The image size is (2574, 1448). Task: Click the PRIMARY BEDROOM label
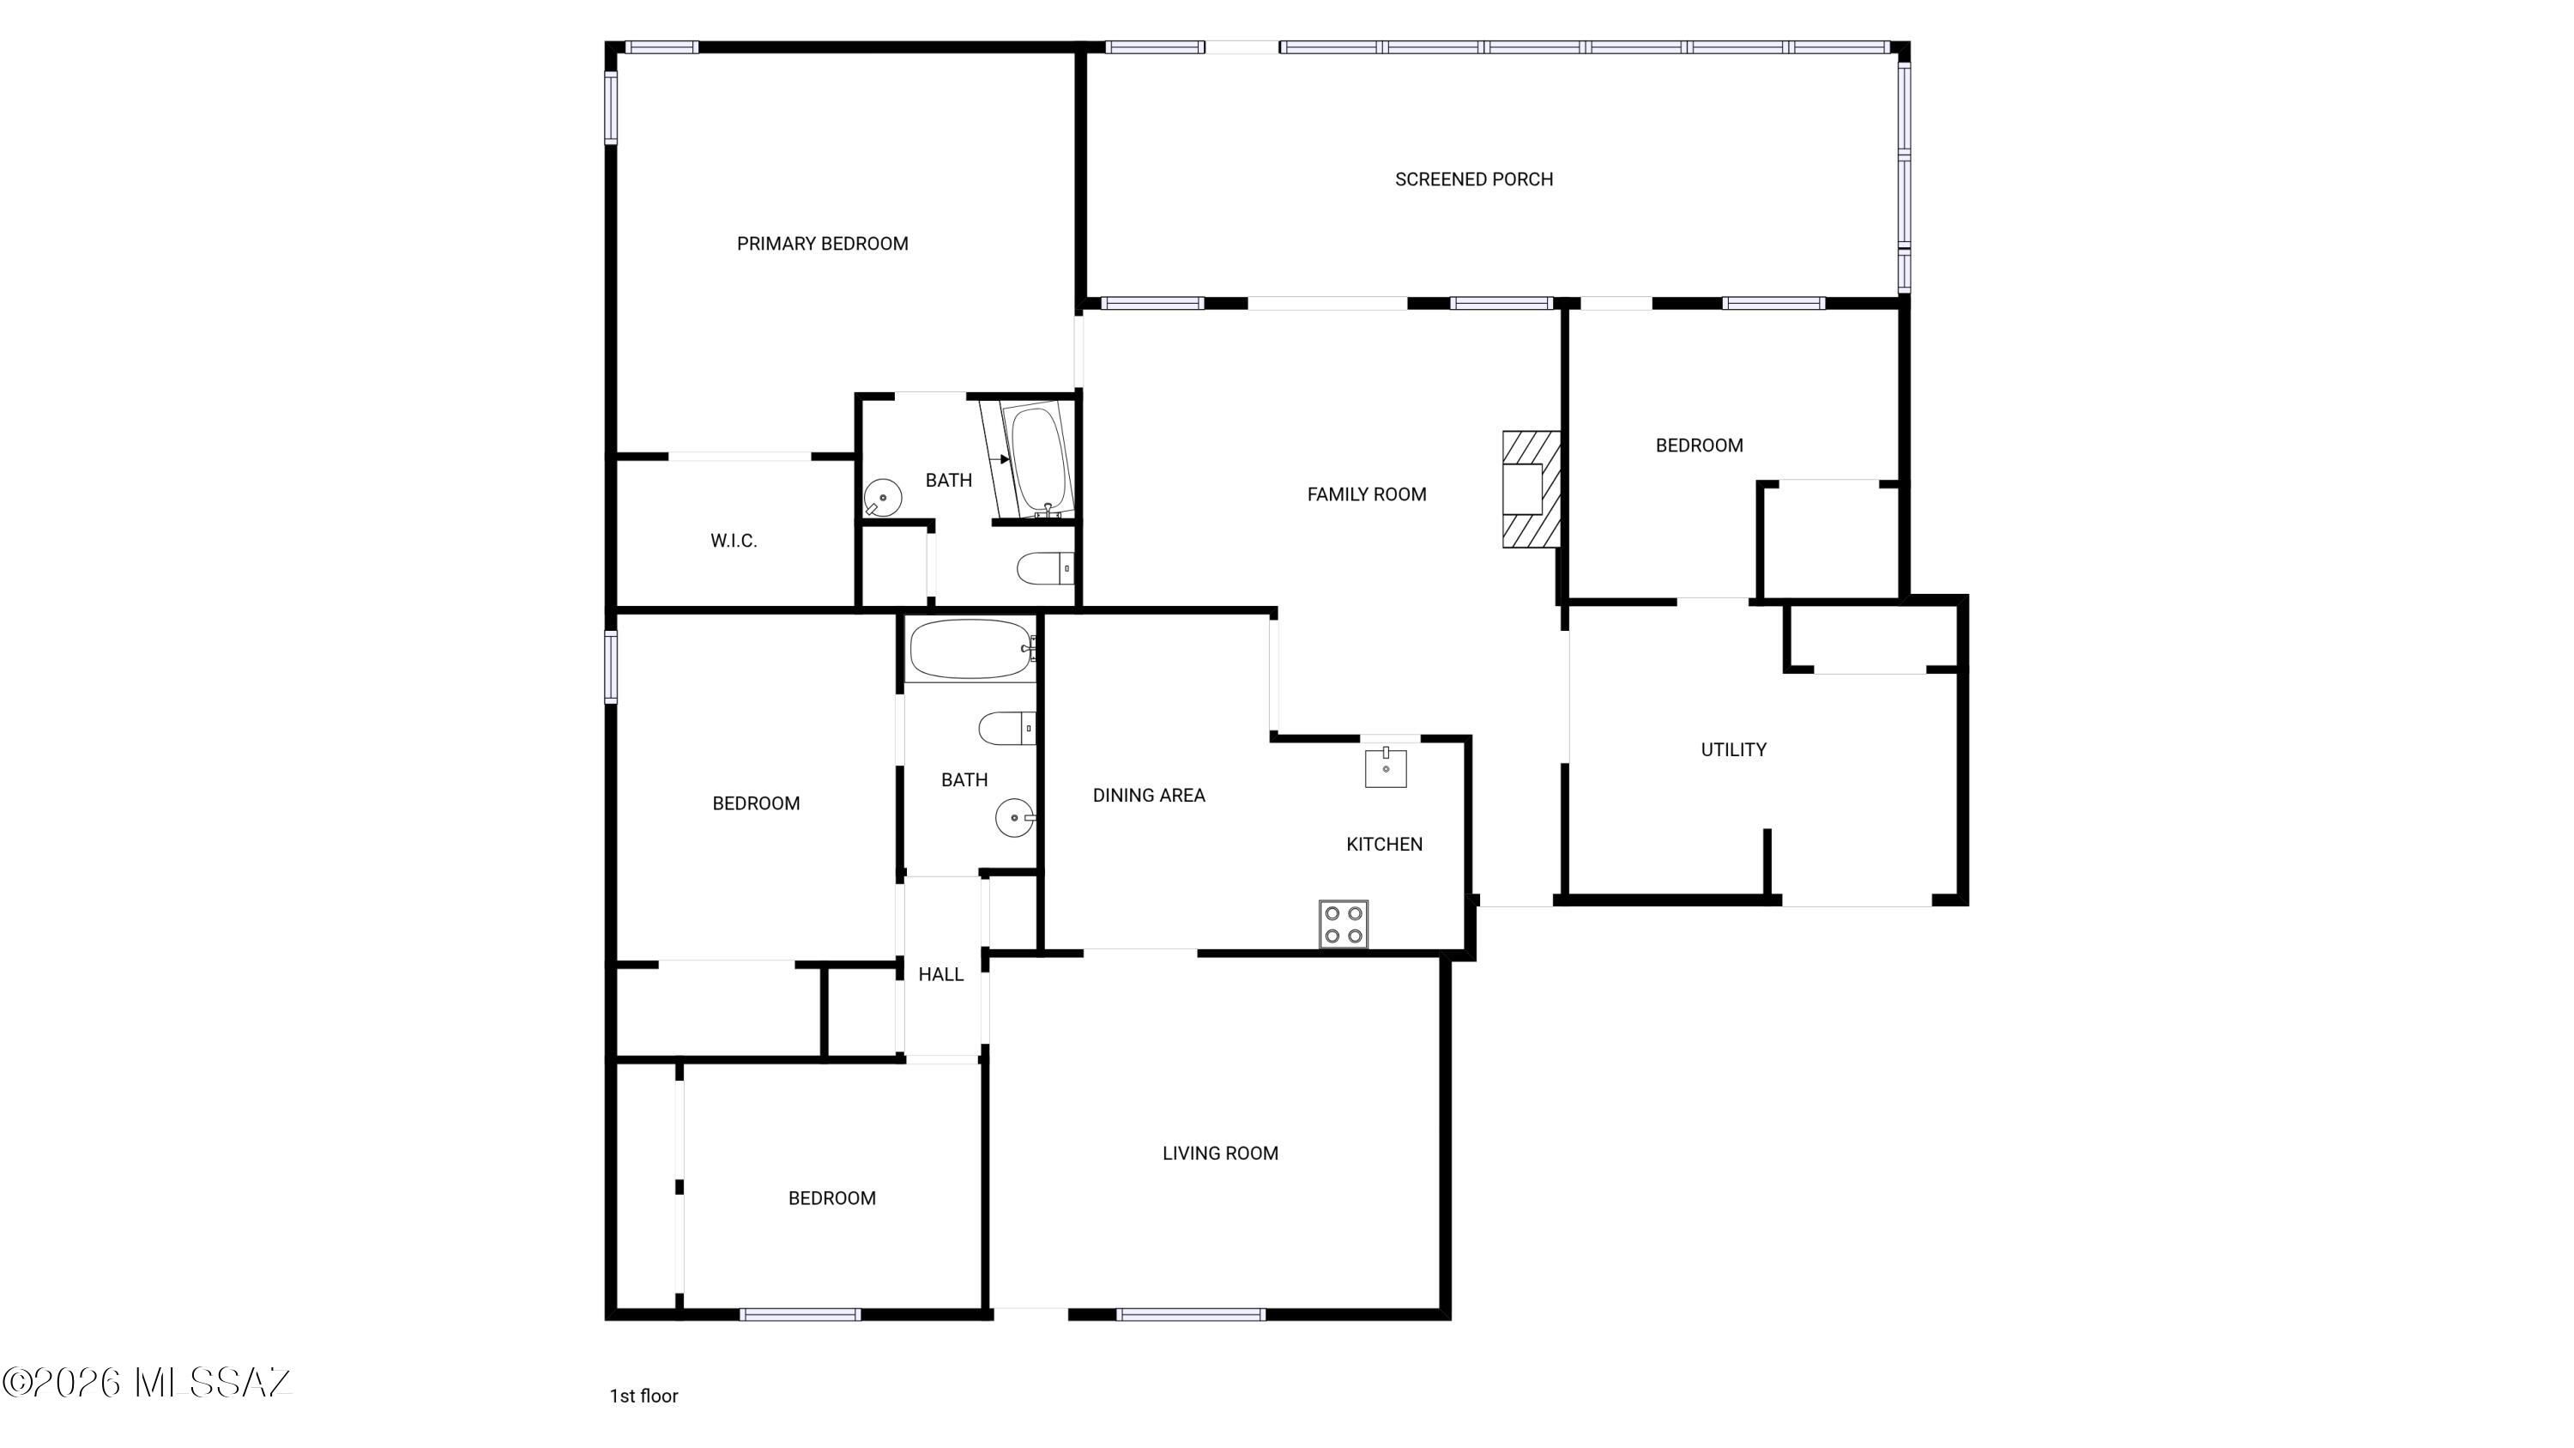(x=822, y=244)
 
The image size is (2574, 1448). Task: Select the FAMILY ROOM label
(x=1367, y=494)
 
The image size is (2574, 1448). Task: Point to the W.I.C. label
(x=734, y=542)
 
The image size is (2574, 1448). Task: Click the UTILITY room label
(x=1734, y=749)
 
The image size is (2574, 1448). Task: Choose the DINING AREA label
(x=1149, y=796)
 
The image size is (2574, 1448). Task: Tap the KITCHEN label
(x=1384, y=845)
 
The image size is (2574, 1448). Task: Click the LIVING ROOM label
(x=1220, y=1154)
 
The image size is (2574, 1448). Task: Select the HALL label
(x=941, y=974)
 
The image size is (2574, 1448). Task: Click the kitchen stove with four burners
(x=1344, y=924)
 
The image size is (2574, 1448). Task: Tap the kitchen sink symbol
(x=1386, y=767)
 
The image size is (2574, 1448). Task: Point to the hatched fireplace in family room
(x=1532, y=488)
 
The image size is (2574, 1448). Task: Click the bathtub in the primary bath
(x=1040, y=458)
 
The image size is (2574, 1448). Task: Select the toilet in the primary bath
(x=1045, y=568)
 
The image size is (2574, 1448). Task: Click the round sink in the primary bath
(x=882, y=497)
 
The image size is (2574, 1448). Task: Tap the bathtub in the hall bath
(x=970, y=650)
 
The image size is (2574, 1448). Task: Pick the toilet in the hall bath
(x=1007, y=729)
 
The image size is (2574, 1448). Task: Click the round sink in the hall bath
(x=1015, y=817)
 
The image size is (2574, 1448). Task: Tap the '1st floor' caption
(x=643, y=1396)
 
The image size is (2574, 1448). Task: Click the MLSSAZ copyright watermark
(x=147, y=1383)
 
